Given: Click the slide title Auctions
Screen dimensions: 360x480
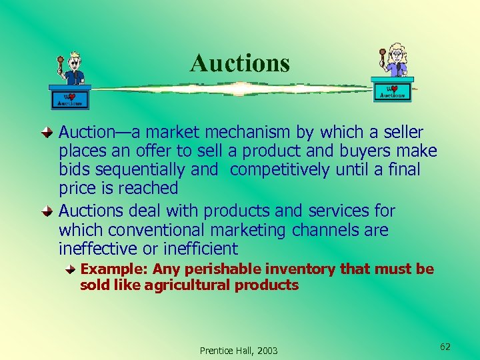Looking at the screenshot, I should coord(240,63).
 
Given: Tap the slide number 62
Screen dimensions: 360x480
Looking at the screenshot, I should coord(445,347).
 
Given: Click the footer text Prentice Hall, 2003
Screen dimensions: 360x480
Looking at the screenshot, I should coord(239,351).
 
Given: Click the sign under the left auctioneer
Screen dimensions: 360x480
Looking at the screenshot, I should coord(70,99).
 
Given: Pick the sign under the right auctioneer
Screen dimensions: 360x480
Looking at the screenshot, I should coord(392,91).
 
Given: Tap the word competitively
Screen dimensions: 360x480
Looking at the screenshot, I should coord(279,170).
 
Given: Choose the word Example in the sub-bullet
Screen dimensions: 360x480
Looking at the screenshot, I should coord(113,269).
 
